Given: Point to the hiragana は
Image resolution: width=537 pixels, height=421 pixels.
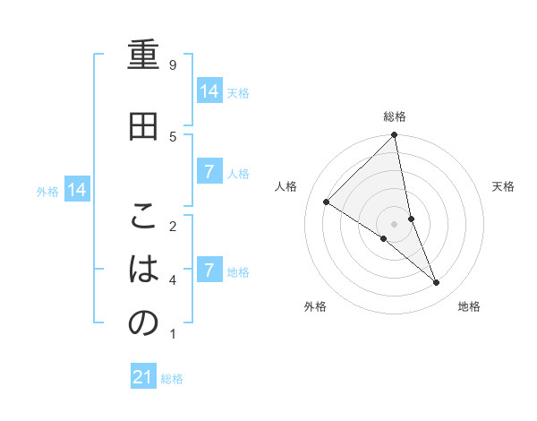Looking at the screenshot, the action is click(x=143, y=269).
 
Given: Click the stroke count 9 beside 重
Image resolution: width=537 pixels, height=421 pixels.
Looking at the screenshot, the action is click(x=173, y=65).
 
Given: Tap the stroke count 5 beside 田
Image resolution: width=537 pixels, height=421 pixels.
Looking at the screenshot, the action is click(x=173, y=136).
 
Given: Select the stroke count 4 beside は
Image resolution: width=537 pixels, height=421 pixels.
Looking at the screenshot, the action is click(x=173, y=280).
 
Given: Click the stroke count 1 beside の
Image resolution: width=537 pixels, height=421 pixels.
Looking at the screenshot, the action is click(x=173, y=334).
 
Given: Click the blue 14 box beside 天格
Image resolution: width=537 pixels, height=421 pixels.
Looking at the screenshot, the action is click(x=209, y=91).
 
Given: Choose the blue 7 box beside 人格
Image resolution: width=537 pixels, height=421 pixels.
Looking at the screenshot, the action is click(x=209, y=172).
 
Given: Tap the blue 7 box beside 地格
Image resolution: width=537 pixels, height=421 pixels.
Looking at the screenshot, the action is click(x=209, y=270).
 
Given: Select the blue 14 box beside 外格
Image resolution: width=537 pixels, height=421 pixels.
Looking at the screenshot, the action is click(x=77, y=190).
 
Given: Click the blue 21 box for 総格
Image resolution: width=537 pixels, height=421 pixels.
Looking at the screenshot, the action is click(x=143, y=377).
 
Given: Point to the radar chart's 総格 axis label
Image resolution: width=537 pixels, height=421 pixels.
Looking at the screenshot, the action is click(x=395, y=116).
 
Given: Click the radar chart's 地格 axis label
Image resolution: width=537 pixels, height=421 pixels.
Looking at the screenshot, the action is click(x=469, y=306).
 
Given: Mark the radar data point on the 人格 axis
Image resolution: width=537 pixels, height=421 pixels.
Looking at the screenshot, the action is click(x=327, y=202).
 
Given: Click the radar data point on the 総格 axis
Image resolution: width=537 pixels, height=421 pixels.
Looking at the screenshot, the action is click(x=395, y=135).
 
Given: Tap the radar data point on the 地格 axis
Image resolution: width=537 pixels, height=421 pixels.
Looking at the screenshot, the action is click(x=437, y=282).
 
